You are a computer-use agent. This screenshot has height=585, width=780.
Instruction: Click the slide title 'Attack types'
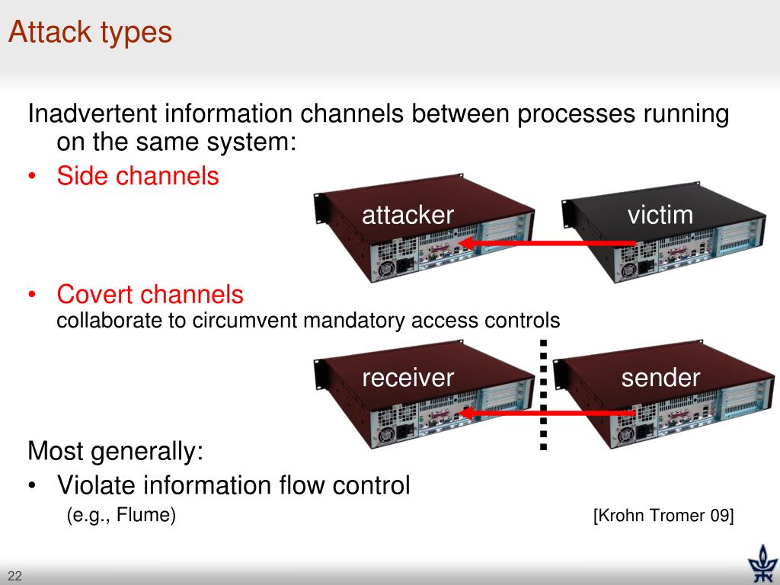tap(90, 33)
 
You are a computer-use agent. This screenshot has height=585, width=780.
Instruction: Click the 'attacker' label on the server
tap(408, 215)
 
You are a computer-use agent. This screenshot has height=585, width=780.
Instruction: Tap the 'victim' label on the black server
tap(660, 215)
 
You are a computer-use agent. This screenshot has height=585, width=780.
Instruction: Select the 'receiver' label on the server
tap(408, 378)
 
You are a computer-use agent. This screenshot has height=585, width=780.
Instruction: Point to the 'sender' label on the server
tap(660, 378)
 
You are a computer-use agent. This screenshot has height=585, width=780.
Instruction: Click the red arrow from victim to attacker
tap(546, 243)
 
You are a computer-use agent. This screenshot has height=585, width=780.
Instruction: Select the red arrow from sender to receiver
tap(546, 413)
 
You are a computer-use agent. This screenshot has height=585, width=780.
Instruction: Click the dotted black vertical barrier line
tap(543, 395)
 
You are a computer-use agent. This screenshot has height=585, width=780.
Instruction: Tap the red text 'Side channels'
tap(138, 176)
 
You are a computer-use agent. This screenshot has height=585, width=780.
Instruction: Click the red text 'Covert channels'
tap(150, 294)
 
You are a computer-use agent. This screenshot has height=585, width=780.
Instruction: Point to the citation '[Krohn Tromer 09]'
tap(663, 516)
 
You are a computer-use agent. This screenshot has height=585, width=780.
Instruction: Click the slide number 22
tap(15, 576)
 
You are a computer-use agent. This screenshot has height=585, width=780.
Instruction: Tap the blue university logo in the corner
tap(762, 564)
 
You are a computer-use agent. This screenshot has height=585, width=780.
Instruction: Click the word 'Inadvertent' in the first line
tap(93, 113)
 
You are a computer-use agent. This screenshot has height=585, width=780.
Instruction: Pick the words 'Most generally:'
tap(116, 451)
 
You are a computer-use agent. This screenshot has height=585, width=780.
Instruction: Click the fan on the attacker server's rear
tap(385, 270)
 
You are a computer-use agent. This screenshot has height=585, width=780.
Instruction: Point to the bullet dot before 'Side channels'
tap(32, 176)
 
